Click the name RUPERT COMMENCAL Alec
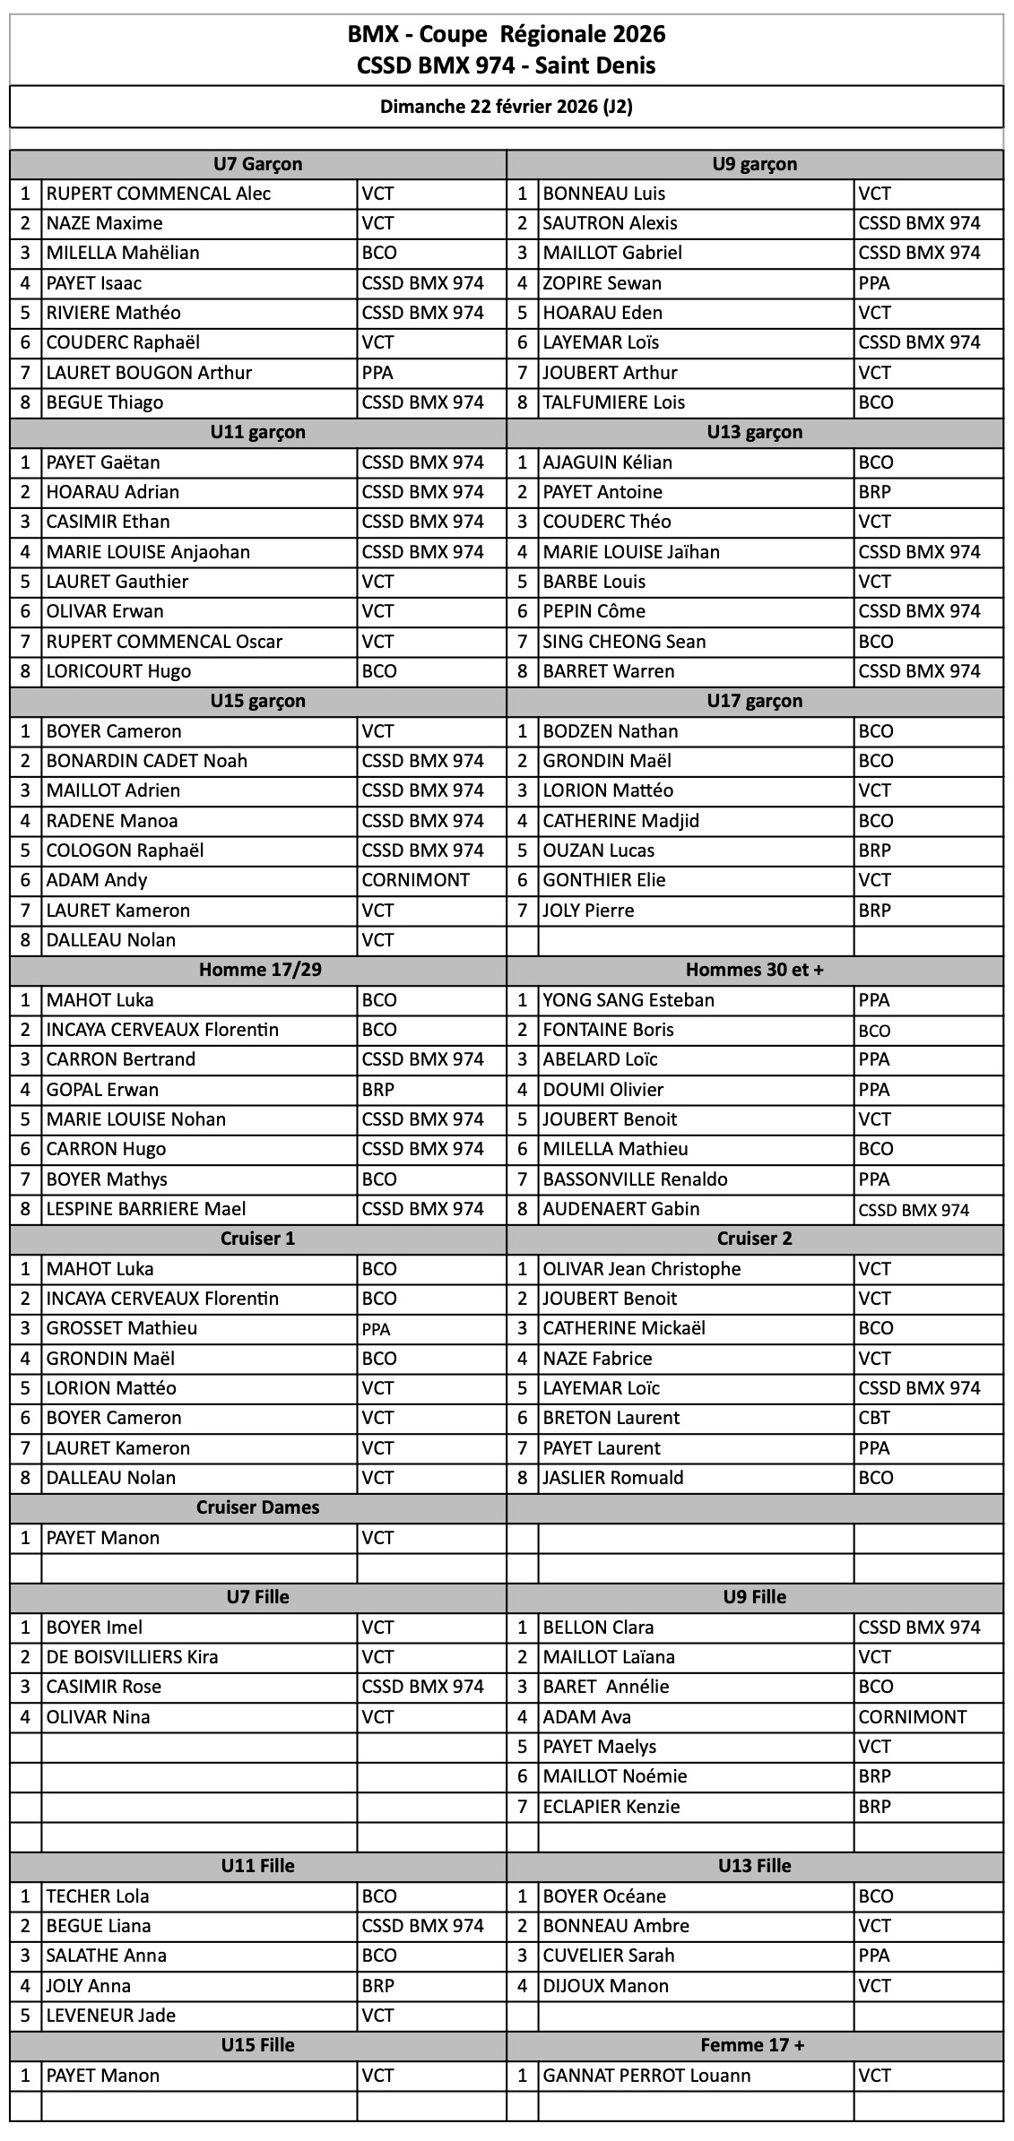(159, 194)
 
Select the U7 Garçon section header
(257, 164)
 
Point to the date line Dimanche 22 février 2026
(507, 107)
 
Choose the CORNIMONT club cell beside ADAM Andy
(415, 880)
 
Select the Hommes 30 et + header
(754, 970)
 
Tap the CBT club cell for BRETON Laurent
(874, 1418)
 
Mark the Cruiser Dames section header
(257, 1507)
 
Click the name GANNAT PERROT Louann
(646, 2076)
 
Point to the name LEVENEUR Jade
(111, 2016)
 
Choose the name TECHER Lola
(98, 1896)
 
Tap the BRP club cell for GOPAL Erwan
(378, 1090)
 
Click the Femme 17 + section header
(754, 2045)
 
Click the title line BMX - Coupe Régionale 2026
(507, 35)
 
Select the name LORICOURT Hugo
(118, 671)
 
